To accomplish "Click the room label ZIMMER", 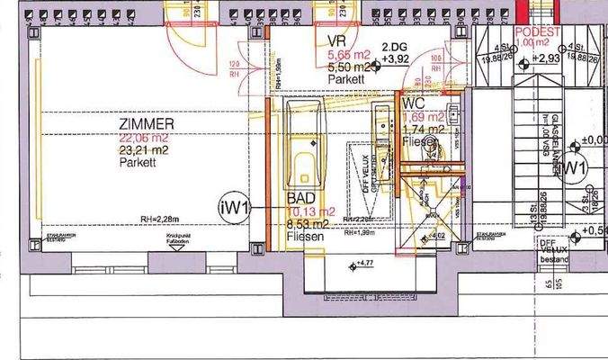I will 147,123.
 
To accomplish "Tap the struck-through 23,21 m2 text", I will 147,150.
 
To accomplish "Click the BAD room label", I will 300,198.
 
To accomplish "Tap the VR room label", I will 337,41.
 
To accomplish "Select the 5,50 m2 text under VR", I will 346,67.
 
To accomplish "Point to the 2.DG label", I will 393,47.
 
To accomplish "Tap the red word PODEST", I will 538,31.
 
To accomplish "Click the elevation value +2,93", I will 548,58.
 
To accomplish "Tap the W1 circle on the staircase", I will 575,167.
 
